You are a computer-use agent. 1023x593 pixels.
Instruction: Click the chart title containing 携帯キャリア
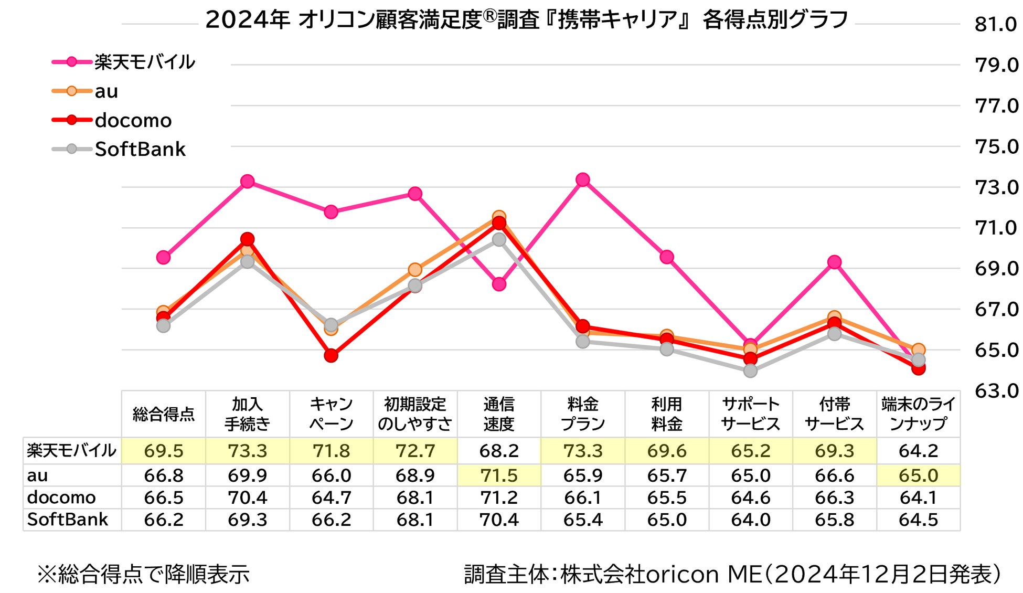pyautogui.click(x=526, y=20)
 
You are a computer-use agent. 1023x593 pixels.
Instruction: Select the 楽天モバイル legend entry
pyautogui.click(x=124, y=62)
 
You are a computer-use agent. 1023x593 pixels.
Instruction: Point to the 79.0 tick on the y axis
pyautogui.click(x=996, y=65)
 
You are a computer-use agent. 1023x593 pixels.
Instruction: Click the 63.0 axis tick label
pyautogui.click(x=996, y=390)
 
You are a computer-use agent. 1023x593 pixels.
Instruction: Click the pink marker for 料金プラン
pyautogui.click(x=582, y=180)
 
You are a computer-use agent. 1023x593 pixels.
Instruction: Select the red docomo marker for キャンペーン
pyautogui.click(x=331, y=356)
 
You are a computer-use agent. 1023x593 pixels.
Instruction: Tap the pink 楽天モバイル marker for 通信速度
pyautogui.click(x=499, y=284)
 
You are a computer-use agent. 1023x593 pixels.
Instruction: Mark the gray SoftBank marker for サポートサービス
pyautogui.click(x=750, y=370)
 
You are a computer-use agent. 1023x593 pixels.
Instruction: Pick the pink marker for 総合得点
pyautogui.click(x=164, y=257)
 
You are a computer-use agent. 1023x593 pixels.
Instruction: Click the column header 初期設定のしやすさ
pyautogui.click(x=414, y=414)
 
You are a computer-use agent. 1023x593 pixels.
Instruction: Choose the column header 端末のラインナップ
pyautogui.click(x=918, y=414)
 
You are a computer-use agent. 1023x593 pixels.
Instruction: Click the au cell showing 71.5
pyautogui.click(x=499, y=475)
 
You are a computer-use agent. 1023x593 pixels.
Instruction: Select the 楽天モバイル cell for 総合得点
pyautogui.click(x=164, y=451)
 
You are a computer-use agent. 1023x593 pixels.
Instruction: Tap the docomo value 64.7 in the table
pyautogui.click(x=331, y=497)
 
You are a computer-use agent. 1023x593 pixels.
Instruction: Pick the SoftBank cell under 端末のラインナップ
pyautogui.click(x=918, y=520)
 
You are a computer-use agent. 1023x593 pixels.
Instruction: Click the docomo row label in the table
pyautogui.click(x=61, y=497)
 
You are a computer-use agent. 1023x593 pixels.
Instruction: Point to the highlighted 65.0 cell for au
pyautogui.click(x=918, y=475)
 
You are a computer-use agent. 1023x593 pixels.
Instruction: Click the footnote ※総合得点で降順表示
pyautogui.click(x=143, y=574)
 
